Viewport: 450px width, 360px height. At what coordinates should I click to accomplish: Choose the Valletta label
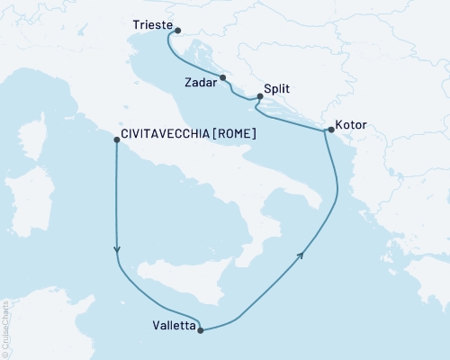[171, 328]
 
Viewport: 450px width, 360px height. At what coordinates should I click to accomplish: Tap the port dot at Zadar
[223, 77]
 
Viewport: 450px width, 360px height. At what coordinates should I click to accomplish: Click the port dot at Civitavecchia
[115, 139]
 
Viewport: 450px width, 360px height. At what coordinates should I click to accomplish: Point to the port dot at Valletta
[200, 330]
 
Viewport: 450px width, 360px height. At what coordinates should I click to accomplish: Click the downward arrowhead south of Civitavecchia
[117, 252]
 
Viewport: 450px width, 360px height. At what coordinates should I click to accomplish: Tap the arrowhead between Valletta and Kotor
[301, 255]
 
